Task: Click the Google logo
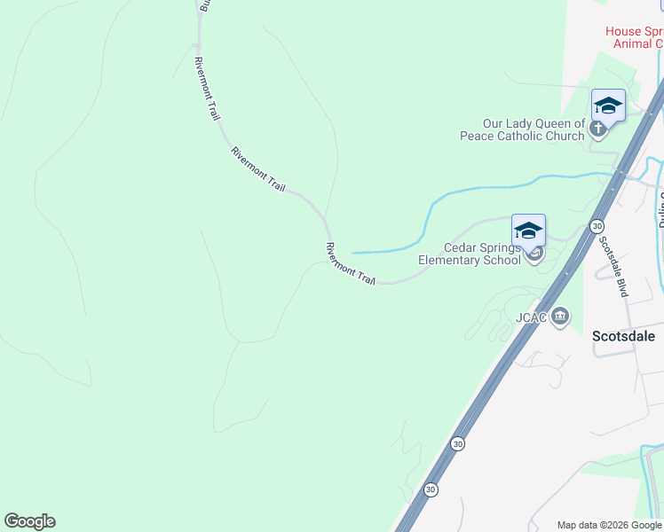coord(29,521)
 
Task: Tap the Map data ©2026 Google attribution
coord(610,525)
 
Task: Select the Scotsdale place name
coord(623,336)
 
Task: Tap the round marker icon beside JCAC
coord(560,316)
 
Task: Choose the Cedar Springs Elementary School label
coord(470,254)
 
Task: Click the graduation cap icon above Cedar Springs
coord(528,231)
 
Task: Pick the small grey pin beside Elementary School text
coord(534,257)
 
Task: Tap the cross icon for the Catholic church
coord(598,129)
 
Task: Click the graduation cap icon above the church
coord(608,106)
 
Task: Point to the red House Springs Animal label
coord(634,37)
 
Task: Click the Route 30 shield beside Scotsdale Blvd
coord(597,226)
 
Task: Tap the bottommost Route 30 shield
coord(431,489)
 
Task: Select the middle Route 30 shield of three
coord(457,442)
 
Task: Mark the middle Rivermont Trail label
coord(258,168)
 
